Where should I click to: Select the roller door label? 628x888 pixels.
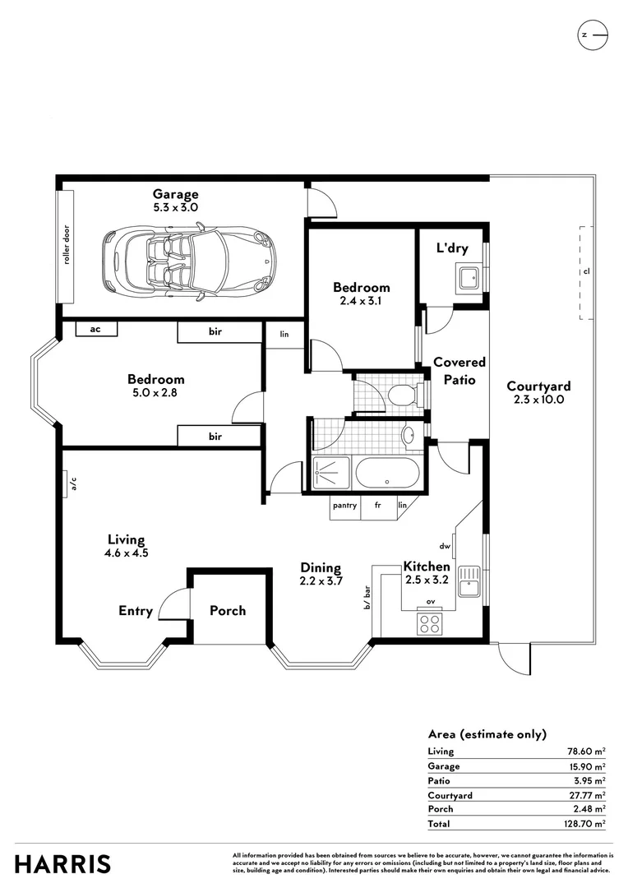point(66,245)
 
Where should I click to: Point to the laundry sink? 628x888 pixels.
point(470,277)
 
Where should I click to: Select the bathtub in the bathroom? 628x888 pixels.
point(387,474)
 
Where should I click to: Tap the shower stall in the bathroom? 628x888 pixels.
point(332,474)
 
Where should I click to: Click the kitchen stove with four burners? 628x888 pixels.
point(430,622)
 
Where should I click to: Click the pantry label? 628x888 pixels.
point(344,506)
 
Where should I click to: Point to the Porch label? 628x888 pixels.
point(228,611)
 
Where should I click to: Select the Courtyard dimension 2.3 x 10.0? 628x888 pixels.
point(538,400)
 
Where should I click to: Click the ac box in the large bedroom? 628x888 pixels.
point(95,329)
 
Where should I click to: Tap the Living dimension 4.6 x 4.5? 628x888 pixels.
point(127,553)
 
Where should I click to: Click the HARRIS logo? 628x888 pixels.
point(62,864)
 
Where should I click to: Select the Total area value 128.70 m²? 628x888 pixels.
point(585,824)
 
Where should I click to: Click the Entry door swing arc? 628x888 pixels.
point(170,604)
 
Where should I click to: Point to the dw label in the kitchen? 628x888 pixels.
point(445,545)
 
